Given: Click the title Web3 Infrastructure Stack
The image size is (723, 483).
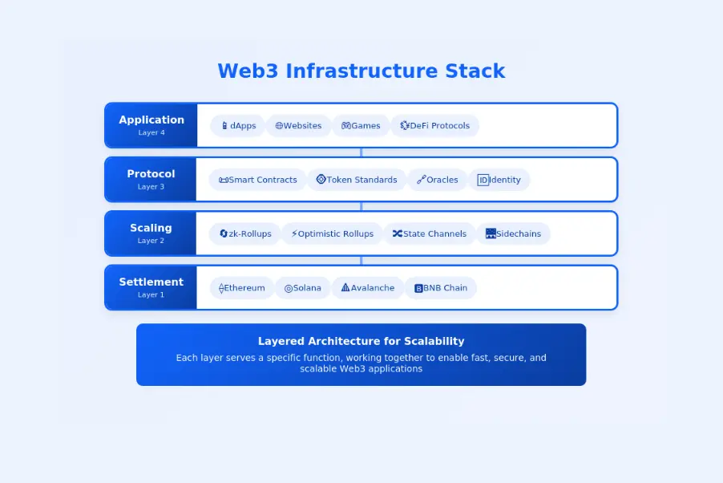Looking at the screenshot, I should [x=361, y=71].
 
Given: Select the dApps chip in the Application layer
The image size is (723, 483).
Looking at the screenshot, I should [x=238, y=126].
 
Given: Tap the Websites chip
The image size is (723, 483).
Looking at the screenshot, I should [x=298, y=126].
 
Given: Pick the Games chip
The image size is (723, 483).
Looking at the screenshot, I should [x=361, y=126].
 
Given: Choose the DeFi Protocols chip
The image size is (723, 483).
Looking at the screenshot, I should [x=434, y=126].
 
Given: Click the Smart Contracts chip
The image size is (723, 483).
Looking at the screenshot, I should [x=257, y=180].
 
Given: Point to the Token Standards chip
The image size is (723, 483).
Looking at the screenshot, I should [x=357, y=180].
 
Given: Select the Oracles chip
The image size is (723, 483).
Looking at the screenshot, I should [x=437, y=180].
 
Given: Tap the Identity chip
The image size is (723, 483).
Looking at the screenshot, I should [x=499, y=180].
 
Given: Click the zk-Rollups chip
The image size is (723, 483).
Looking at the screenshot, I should [x=245, y=233].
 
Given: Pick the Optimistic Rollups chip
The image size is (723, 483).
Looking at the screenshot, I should [x=332, y=233].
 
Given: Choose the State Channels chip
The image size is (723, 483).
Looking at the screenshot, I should [x=429, y=233].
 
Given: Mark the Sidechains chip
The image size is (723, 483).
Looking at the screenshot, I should [x=513, y=233].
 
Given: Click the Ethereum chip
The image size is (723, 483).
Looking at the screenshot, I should [x=241, y=288].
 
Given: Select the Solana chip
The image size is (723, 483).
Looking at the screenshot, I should [x=302, y=288].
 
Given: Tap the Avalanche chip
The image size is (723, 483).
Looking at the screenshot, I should [x=367, y=288].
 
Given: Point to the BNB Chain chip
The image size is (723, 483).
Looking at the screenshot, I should [x=440, y=288].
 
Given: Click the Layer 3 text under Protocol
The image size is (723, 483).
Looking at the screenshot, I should [x=151, y=187].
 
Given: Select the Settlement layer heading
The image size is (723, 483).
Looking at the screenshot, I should [x=151, y=282].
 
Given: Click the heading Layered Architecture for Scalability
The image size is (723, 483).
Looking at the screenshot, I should [x=361, y=341].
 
